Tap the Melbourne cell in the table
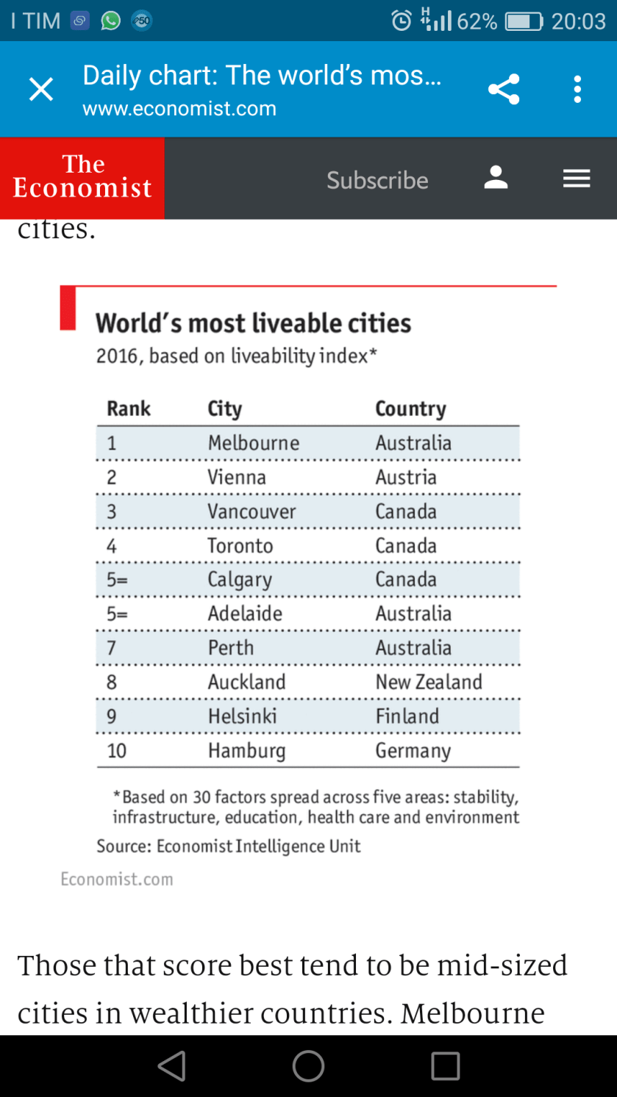(254, 443)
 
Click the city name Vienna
(237, 477)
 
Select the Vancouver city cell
(252, 511)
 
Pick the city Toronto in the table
(240, 546)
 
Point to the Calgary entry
(240, 580)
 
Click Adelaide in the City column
(245, 614)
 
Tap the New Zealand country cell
(429, 682)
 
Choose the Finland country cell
(407, 716)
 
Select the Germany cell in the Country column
(413, 751)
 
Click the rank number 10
(116, 751)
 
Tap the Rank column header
(129, 409)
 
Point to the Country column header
(410, 409)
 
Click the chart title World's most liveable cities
(253, 323)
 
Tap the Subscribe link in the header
(377, 180)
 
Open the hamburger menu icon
(577, 179)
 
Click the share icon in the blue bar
(504, 90)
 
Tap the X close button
(41, 90)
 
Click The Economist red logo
(82, 178)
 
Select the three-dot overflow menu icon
(577, 90)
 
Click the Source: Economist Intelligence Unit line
(229, 846)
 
